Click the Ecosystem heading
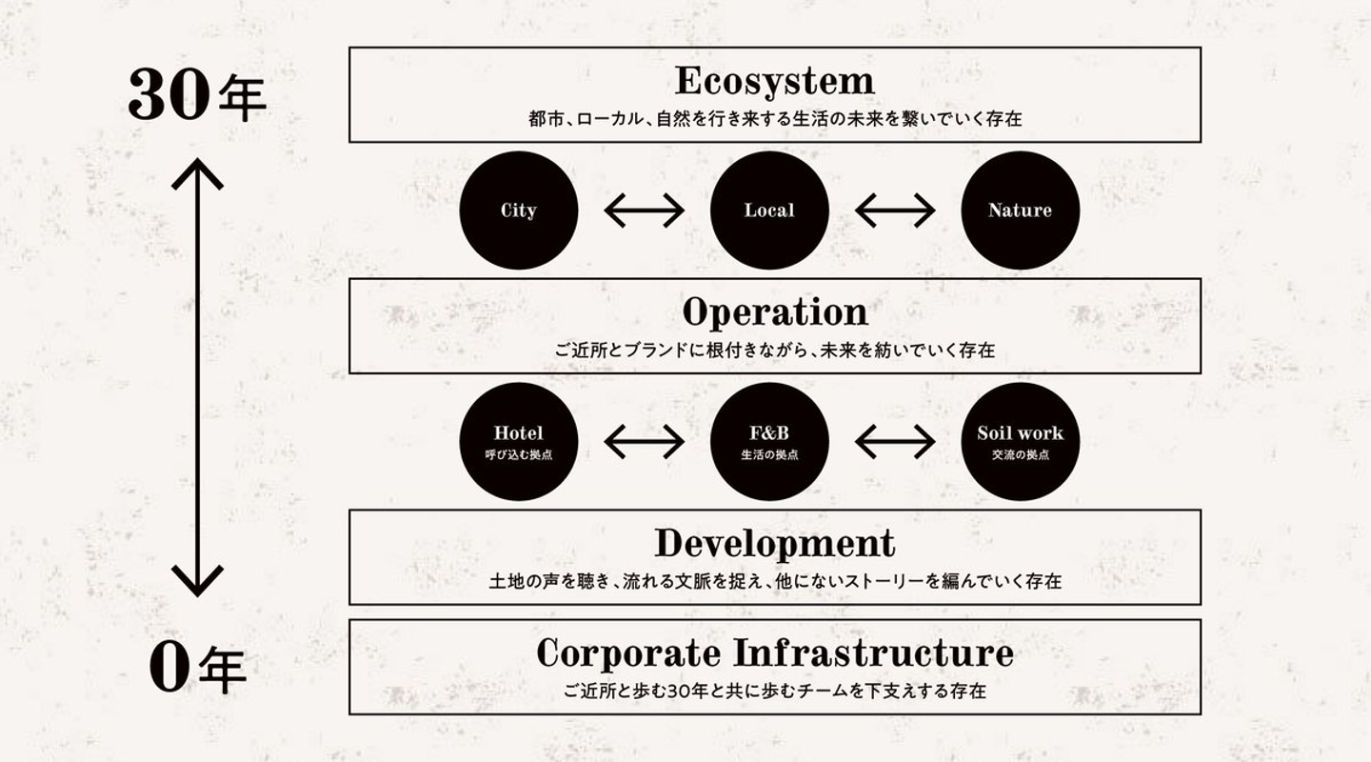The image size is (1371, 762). [x=774, y=81]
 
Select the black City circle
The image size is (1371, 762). [x=519, y=211]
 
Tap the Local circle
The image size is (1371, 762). [x=769, y=211]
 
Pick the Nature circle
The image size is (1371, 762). [x=1020, y=211]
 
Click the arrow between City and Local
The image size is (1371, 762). [x=645, y=211]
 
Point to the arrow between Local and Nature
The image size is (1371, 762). [x=895, y=211]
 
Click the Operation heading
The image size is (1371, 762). [x=774, y=312]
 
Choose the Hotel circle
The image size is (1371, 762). [x=519, y=441]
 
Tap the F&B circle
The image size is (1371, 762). [x=769, y=441]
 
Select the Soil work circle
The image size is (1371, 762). [x=1020, y=441]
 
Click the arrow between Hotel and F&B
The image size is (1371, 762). [x=645, y=441]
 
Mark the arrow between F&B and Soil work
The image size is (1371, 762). [x=895, y=441]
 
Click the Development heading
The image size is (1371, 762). [x=774, y=543]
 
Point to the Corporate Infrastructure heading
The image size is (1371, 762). [x=774, y=653]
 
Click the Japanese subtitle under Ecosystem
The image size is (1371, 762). [x=774, y=120]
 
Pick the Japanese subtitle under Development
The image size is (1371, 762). [x=774, y=581]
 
